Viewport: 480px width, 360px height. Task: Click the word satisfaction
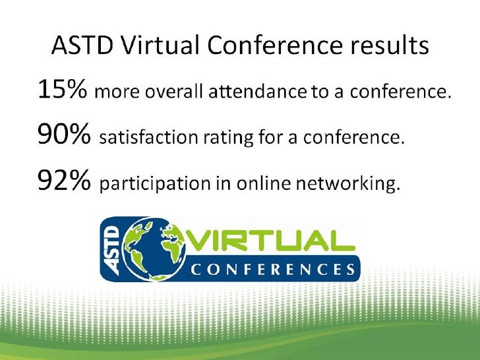[143, 138]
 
